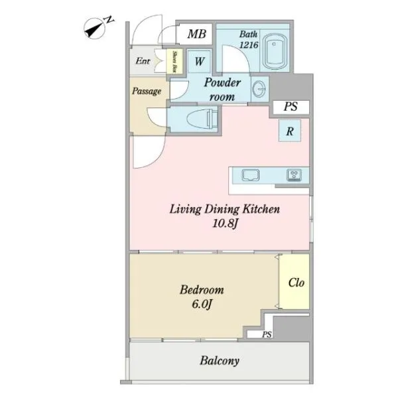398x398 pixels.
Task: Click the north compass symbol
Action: (x=94, y=28)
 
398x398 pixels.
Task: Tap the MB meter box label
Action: (x=196, y=34)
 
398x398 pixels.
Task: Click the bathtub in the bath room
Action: (x=275, y=52)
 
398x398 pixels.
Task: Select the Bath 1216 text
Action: (x=249, y=39)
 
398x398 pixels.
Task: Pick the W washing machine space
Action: (x=200, y=62)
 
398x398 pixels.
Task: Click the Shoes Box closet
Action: (x=174, y=62)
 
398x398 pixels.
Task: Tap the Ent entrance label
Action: (x=143, y=61)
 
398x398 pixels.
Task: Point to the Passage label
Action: (x=147, y=91)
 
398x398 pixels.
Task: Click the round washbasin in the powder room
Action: (x=259, y=89)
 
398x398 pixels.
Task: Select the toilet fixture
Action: (x=202, y=119)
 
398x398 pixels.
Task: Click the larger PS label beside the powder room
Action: (x=291, y=107)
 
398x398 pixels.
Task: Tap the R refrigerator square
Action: (x=290, y=131)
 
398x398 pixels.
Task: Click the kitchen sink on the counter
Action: (x=250, y=174)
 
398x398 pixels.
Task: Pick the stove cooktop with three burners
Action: (x=294, y=174)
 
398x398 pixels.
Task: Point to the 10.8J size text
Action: (x=226, y=224)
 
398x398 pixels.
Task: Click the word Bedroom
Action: (x=202, y=290)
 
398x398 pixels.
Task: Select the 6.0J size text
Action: (x=202, y=304)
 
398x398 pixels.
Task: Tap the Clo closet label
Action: (x=297, y=283)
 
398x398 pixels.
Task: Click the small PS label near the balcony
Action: (x=267, y=334)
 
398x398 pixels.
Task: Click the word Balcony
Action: (x=220, y=361)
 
